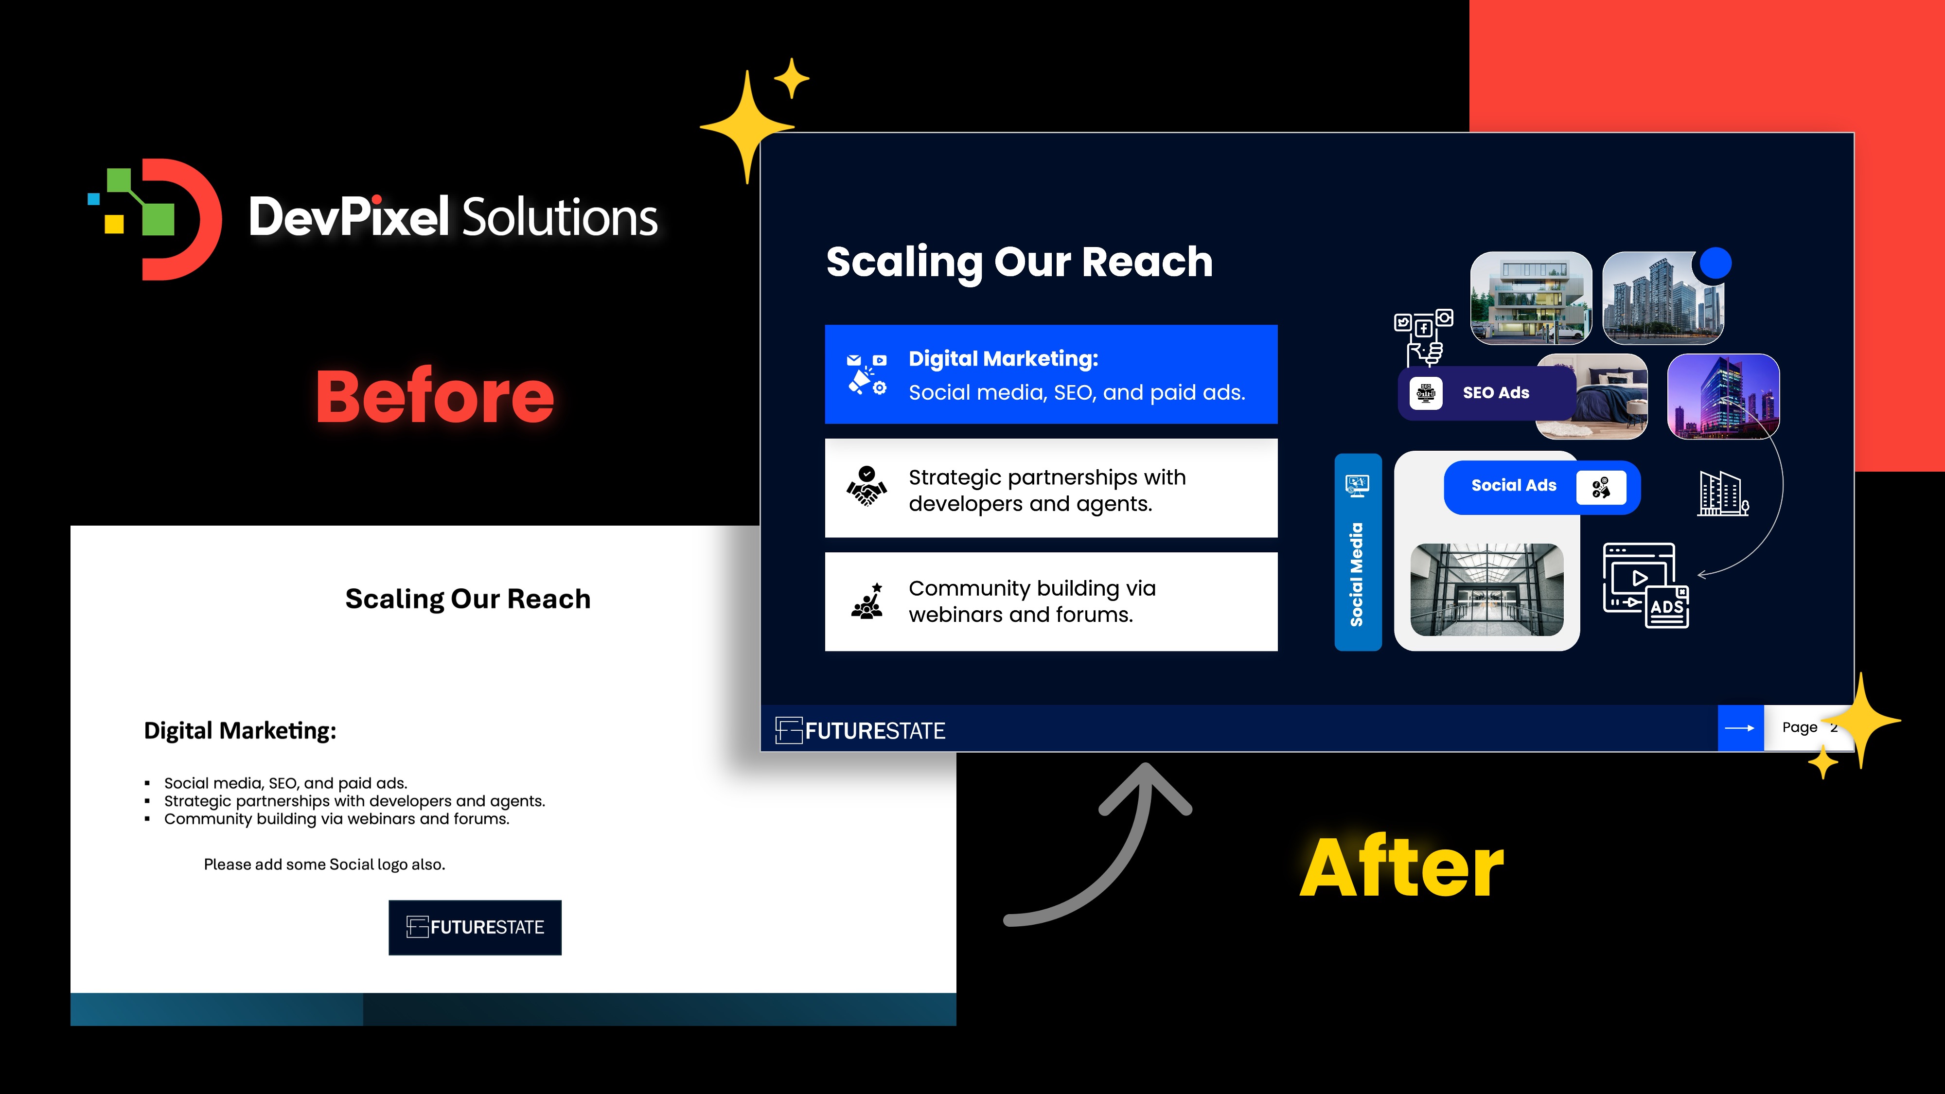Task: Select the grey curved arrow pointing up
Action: pos(1102,846)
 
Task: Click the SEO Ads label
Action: pos(1495,392)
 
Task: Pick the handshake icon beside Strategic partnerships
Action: pos(867,487)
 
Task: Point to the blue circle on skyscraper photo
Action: pos(1715,264)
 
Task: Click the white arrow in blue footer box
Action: pos(1740,728)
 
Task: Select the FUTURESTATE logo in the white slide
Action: pos(475,927)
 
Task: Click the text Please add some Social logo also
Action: pos(325,865)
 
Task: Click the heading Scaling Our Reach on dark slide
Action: pos(1019,262)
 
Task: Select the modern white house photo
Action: pos(1531,298)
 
